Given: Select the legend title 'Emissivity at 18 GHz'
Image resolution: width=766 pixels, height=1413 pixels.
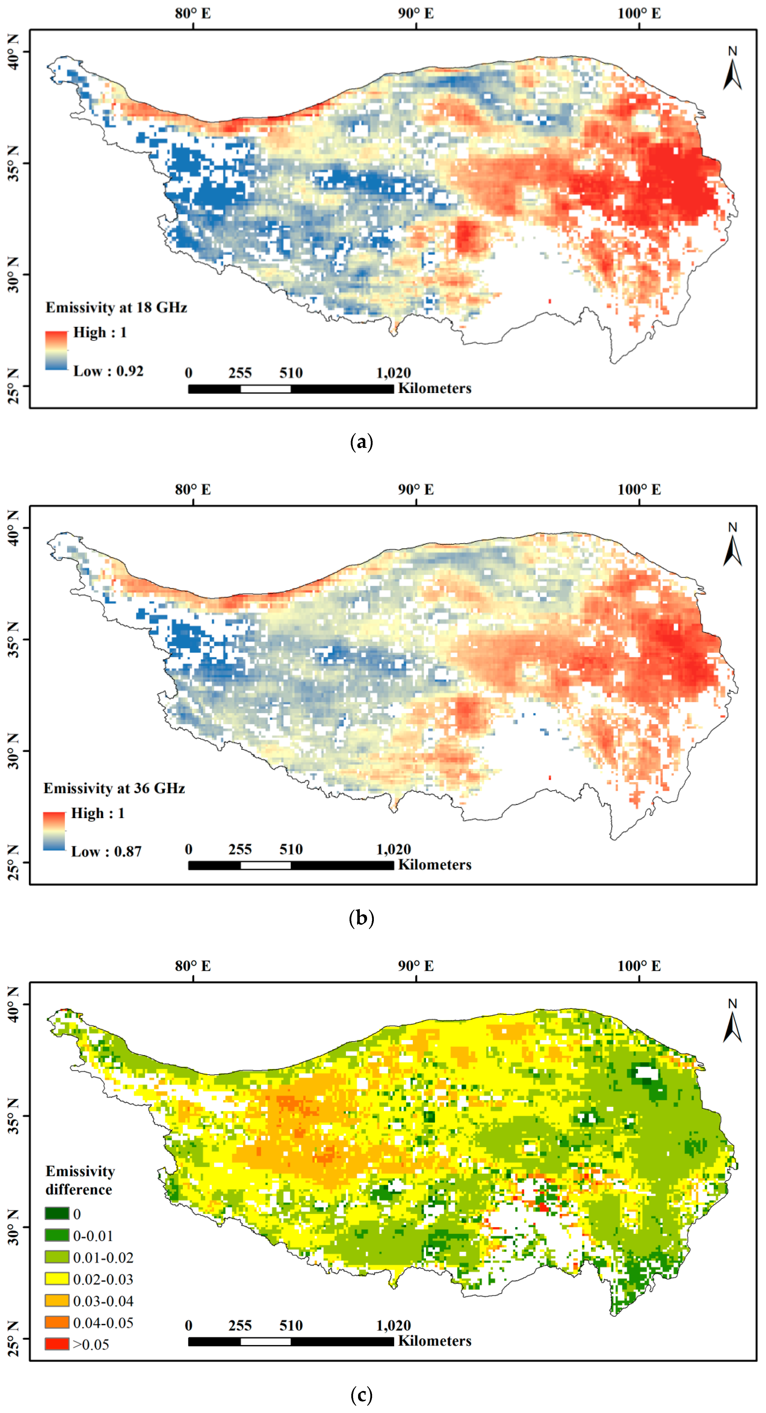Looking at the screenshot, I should pos(116,308).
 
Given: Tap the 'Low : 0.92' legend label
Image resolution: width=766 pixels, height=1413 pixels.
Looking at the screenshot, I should pos(109,371).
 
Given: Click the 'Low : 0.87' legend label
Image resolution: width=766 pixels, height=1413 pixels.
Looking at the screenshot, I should pos(107,852).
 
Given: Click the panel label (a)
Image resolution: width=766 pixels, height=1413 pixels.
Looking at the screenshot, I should pos(361,442).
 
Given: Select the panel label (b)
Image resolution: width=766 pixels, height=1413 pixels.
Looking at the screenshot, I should pos(361,918).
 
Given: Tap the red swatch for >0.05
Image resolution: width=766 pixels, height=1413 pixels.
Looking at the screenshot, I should pos(57,1344).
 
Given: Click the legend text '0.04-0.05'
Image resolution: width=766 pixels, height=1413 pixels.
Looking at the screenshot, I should pos(103,1323).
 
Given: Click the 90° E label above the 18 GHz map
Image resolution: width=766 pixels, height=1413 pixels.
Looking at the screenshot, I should pos(416,13).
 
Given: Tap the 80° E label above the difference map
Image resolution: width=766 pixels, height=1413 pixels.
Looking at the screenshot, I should pos(193,966).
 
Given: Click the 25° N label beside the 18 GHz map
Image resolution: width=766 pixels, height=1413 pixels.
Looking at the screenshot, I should pos(13,386).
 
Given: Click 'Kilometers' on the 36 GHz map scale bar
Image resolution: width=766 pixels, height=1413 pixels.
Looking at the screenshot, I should pos(435,865).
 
